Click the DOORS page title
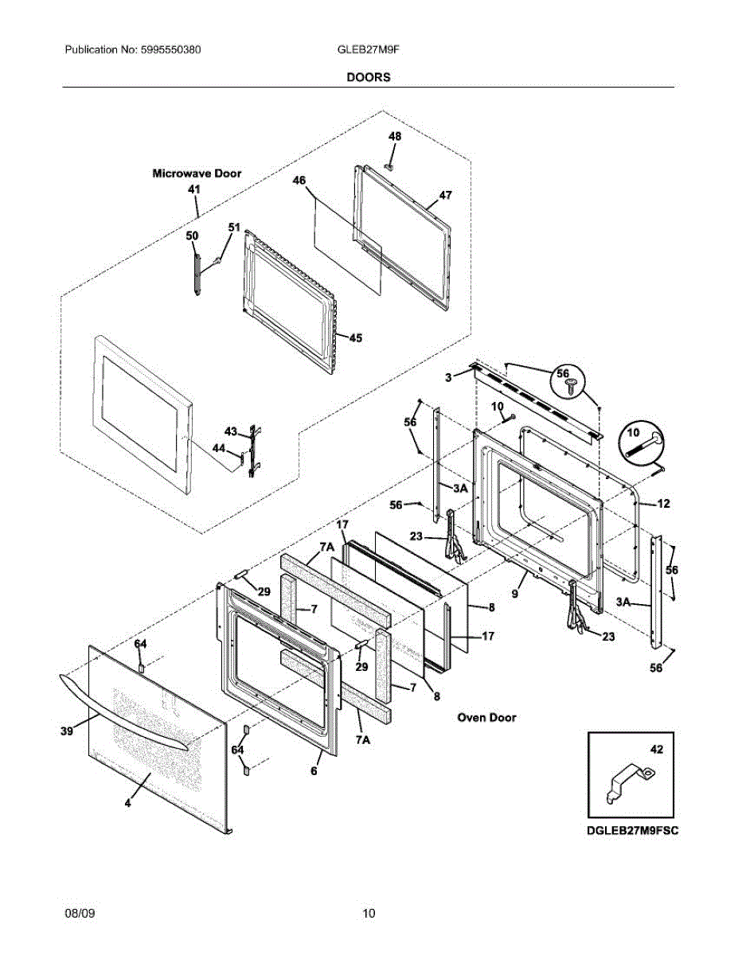(x=369, y=77)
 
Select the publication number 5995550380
(x=171, y=49)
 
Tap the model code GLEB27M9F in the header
(x=369, y=49)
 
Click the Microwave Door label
(x=197, y=173)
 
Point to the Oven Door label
(x=486, y=718)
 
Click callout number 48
(x=395, y=137)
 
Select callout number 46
(x=299, y=181)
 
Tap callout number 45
(x=356, y=338)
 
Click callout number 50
(x=192, y=236)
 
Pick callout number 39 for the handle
(x=67, y=731)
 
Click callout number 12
(x=663, y=504)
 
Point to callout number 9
(x=515, y=594)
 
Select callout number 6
(x=314, y=771)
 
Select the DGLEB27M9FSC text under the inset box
(x=632, y=831)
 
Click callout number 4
(x=127, y=803)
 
